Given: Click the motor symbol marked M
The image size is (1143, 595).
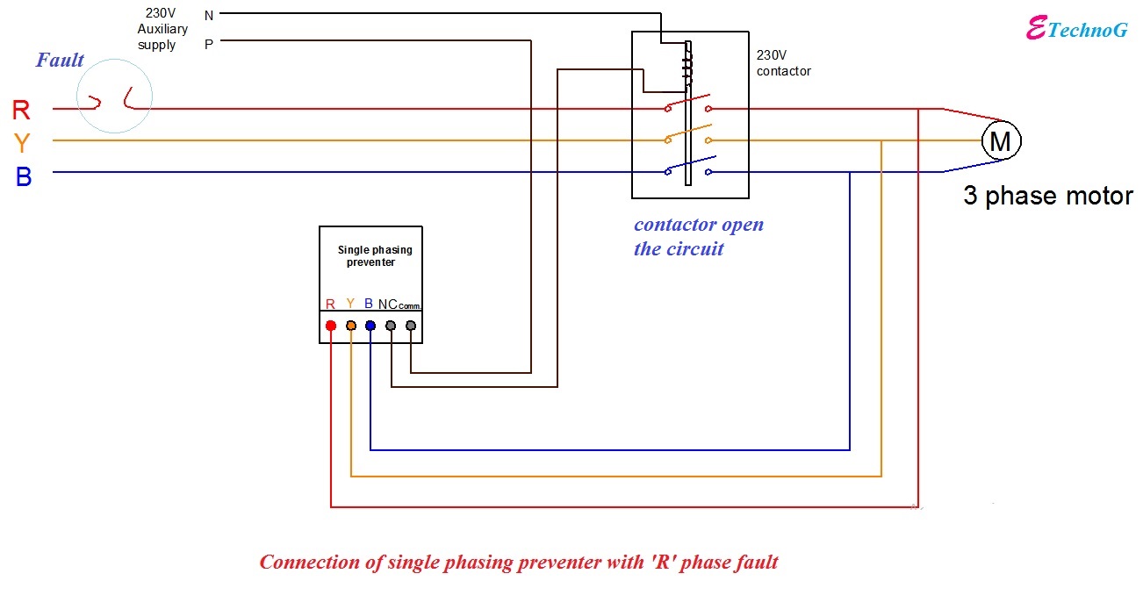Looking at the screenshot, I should (1000, 140).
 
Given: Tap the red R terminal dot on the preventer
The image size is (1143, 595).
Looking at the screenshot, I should (331, 326).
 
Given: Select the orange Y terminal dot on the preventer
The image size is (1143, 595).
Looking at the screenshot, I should (351, 326).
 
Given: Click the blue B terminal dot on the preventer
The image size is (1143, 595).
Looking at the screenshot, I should (370, 326).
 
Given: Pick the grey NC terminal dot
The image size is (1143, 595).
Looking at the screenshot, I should (391, 326).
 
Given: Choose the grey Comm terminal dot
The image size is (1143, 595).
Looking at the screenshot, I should (410, 326).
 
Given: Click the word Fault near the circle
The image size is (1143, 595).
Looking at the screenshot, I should (60, 61).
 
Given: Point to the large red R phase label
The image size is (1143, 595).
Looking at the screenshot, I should (21, 111).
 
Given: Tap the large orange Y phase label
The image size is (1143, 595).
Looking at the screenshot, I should (22, 143).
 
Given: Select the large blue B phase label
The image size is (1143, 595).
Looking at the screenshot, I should (24, 176).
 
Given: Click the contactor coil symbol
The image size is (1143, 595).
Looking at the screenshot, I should (688, 67).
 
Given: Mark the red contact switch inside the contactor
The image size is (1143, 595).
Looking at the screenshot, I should (688, 106).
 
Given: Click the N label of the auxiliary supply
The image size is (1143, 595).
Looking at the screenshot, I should (208, 15).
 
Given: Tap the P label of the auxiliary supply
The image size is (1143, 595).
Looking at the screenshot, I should (208, 43).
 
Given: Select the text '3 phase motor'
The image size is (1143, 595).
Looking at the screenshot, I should (1048, 196).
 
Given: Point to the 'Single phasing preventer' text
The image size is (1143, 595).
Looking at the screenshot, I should (375, 255).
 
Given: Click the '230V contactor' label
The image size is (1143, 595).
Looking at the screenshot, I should (784, 62).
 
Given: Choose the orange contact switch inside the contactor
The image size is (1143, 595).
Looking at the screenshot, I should (688, 136).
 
